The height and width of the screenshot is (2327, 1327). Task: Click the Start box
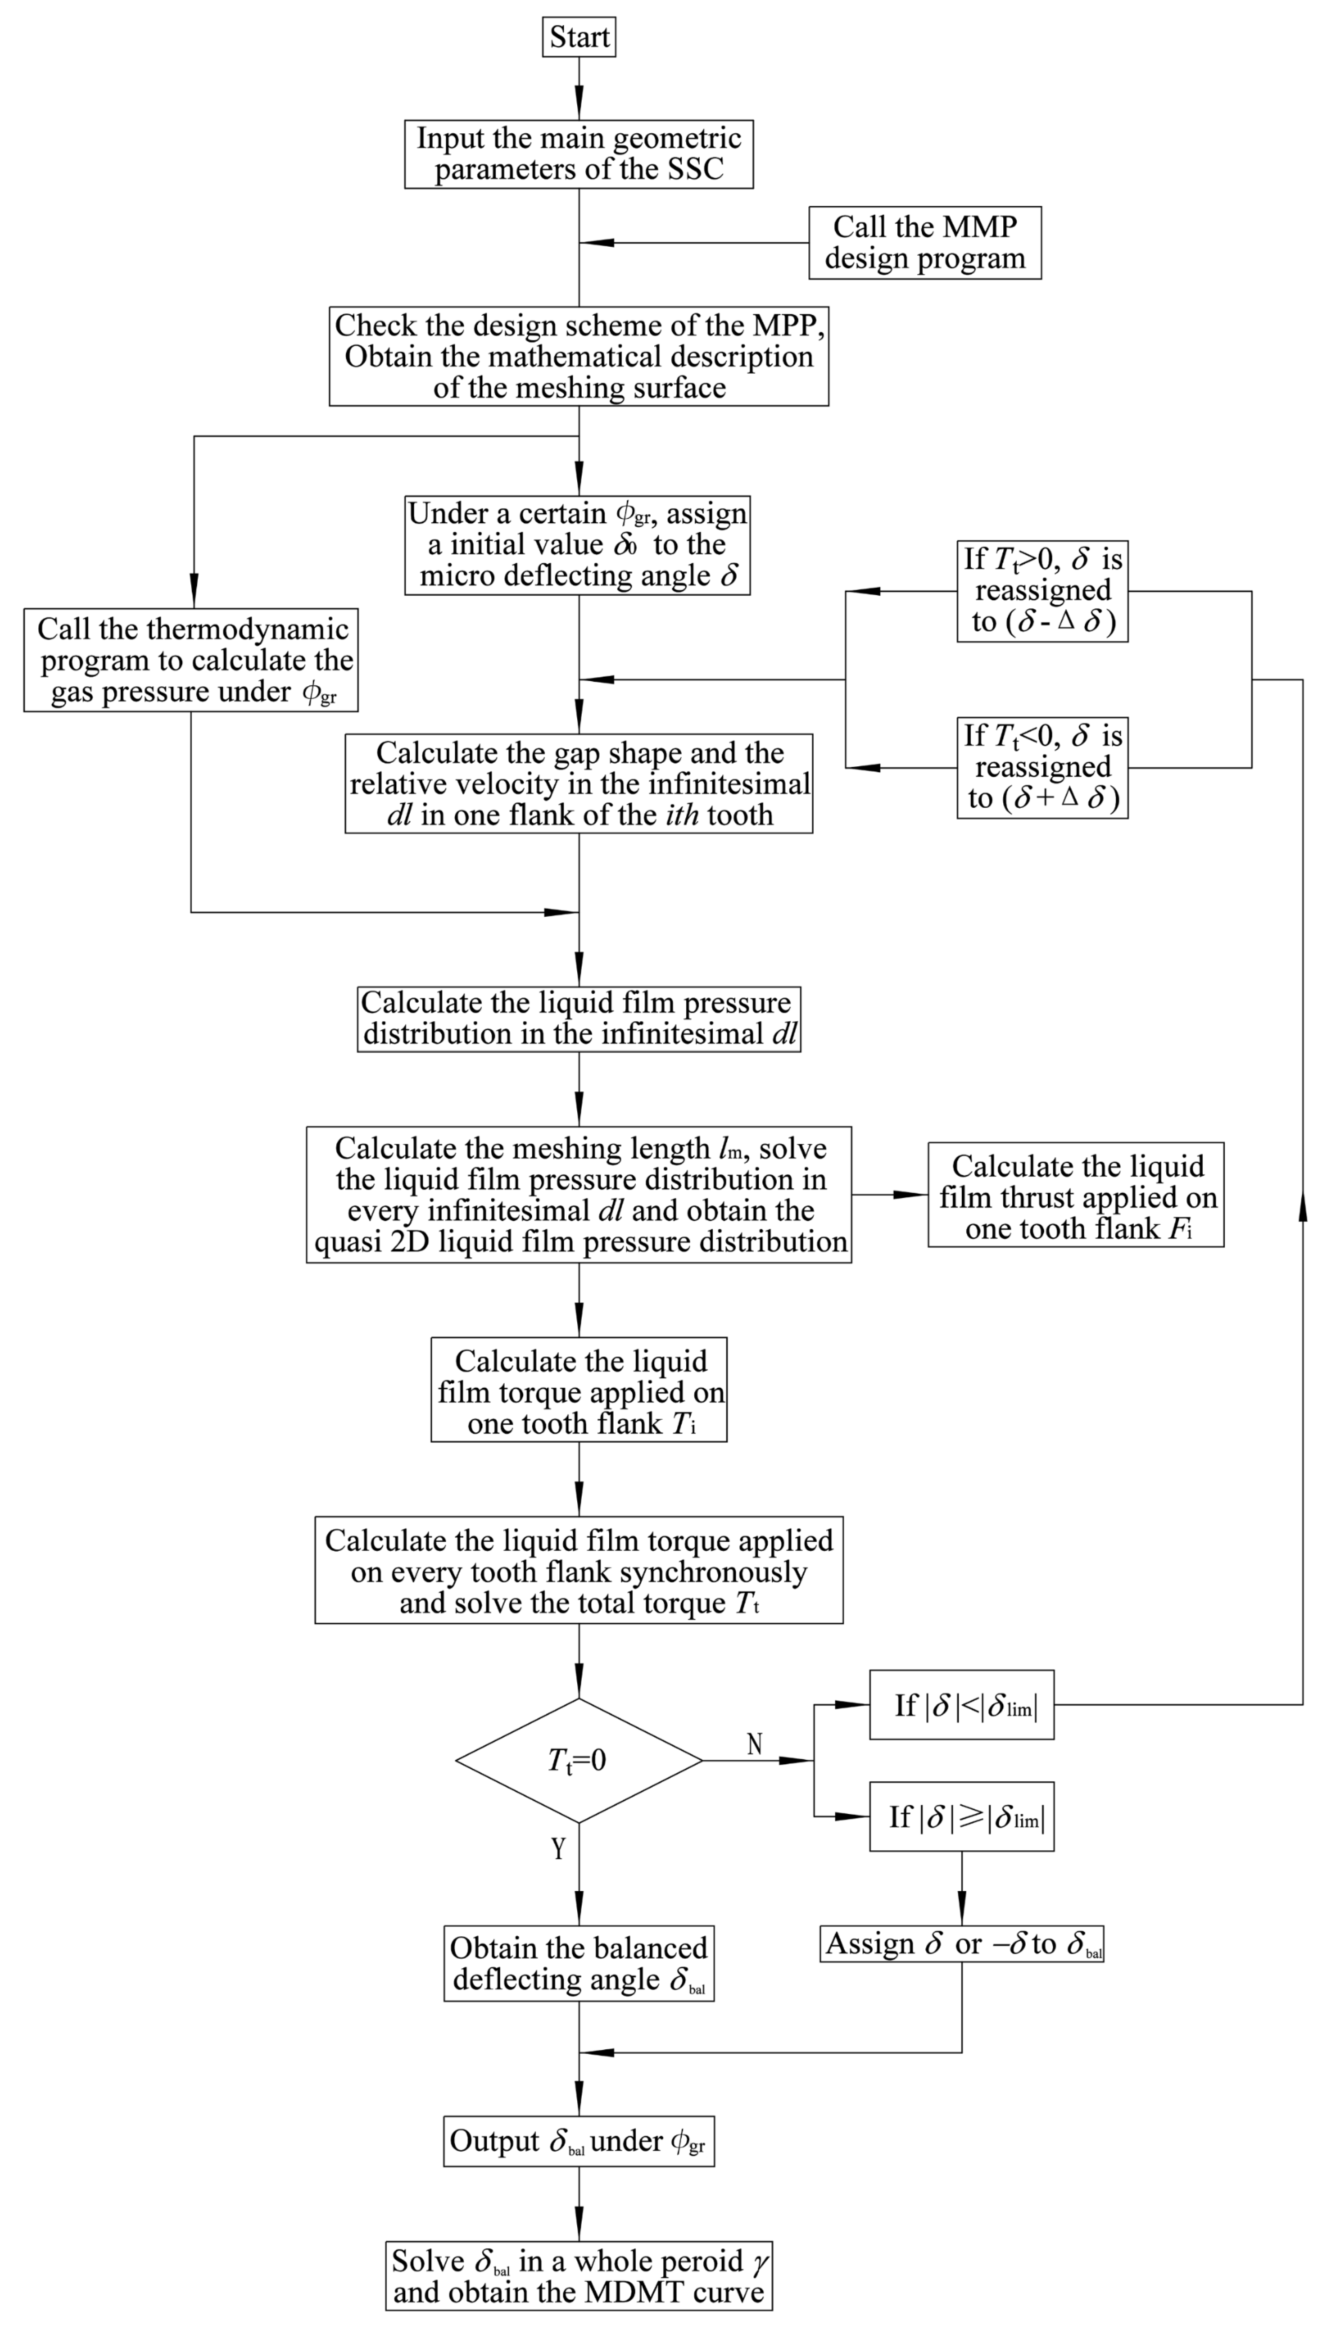tap(579, 38)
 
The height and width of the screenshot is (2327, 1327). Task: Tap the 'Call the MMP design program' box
tap(924, 243)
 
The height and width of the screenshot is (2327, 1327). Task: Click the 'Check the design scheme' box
tap(579, 356)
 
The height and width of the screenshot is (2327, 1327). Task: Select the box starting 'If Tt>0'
tap(1042, 591)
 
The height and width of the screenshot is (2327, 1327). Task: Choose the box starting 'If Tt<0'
tap(1042, 768)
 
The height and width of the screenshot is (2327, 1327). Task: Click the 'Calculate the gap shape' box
tap(579, 784)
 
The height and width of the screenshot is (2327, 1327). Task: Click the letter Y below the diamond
tap(558, 1849)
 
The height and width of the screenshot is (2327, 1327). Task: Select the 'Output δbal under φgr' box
tap(579, 2141)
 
